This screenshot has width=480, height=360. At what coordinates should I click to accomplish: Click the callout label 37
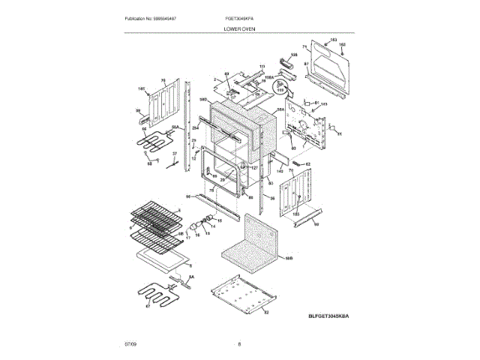[175, 154]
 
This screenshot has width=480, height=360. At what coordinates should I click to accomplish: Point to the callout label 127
[253, 167]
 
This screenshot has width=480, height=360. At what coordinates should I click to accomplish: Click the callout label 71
[305, 47]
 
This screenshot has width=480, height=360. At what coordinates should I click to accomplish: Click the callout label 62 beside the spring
[307, 163]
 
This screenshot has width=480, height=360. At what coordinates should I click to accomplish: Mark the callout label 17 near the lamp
[187, 237]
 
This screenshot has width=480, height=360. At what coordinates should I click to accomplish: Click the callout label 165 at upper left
[140, 88]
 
